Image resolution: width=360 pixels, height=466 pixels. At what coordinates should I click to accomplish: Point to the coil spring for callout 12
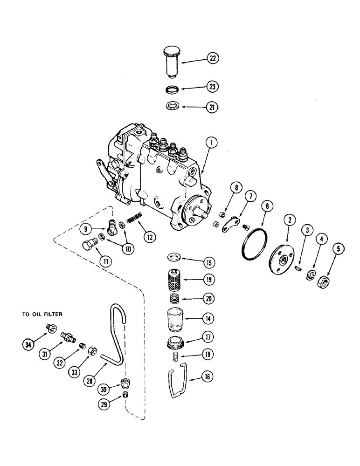[x=135, y=218]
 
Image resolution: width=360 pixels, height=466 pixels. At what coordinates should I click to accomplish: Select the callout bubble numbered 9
[x=85, y=229]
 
